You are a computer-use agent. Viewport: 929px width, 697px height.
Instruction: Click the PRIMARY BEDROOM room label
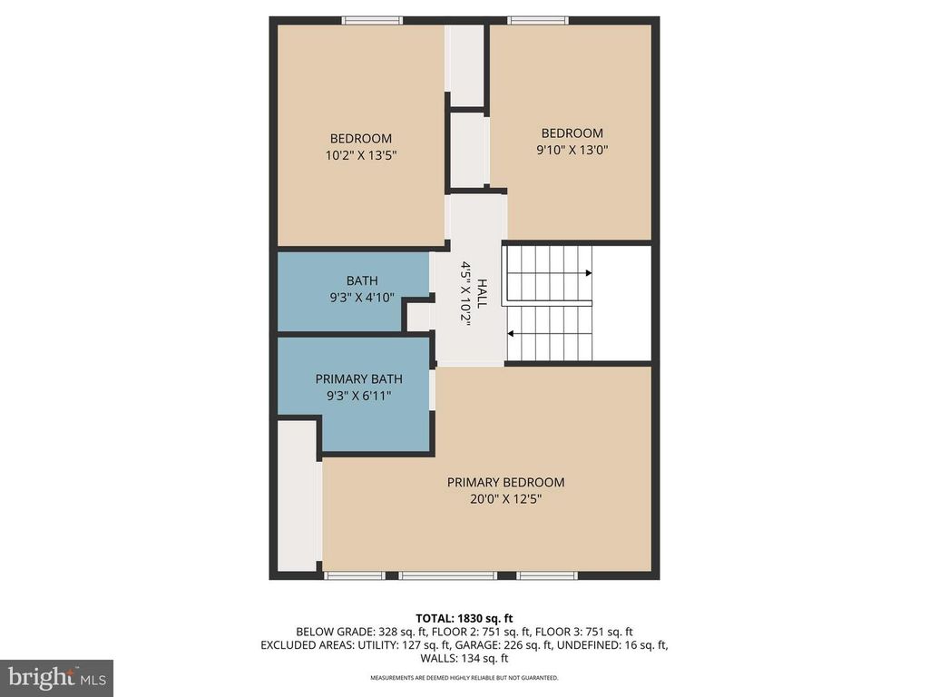[x=505, y=482]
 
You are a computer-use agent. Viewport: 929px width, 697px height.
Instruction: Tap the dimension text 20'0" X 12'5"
[x=505, y=499]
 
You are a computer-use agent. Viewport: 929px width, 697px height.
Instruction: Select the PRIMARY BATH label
[x=358, y=378]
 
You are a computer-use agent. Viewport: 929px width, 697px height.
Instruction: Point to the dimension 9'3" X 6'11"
[x=358, y=396]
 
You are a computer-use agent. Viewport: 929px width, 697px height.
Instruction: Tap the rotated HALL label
[x=482, y=295]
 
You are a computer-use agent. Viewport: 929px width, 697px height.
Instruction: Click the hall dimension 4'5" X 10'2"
[x=466, y=295]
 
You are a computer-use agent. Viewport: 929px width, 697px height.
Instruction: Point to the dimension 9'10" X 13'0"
[x=572, y=150]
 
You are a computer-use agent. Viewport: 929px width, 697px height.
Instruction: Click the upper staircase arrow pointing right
[x=588, y=272]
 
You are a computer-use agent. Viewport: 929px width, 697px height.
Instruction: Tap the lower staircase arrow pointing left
[x=511, y=333]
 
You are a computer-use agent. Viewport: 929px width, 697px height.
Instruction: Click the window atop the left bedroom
[x=373, y=20]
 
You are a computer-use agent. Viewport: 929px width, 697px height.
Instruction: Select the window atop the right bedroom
[x=538, y=20]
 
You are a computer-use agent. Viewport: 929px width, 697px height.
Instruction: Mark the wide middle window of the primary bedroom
[x=448, y=574]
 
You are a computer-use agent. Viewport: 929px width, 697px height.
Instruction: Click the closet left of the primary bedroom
[x=296, y=495]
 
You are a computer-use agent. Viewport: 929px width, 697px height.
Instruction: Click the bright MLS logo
[x=56, y=677]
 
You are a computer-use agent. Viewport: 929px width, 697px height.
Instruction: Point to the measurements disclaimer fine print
[x=464, y=678]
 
